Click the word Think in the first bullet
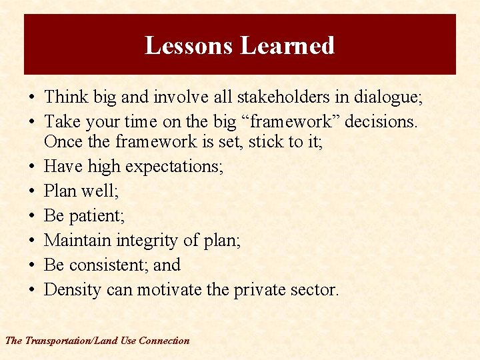[65, 97]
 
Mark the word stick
[267, 141]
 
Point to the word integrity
[147, 241]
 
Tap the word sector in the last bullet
[315, 289]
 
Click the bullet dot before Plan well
[32, 191]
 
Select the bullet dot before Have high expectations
[32, 167]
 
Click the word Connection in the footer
[164, 341]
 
